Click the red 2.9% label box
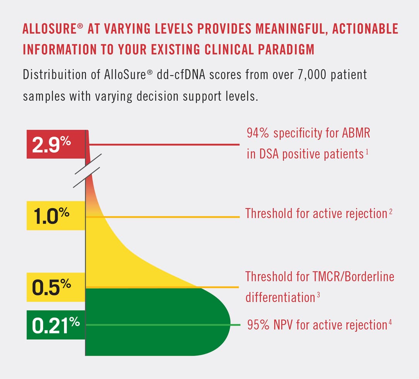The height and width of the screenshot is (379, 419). pyautogui.click(x=55, y=144)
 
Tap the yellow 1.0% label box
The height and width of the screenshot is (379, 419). pyautogui.click(x=55, y=215)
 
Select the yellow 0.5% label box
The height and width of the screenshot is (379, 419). pyautogui.click(x=55, y=287)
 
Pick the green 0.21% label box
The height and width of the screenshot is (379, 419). pyautogui.click(x=55, y=325)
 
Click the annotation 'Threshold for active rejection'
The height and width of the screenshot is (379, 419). pyautogui.click(x=316, y=213)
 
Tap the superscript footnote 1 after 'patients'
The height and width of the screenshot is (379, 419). pyautogui.click(x=367, y=152)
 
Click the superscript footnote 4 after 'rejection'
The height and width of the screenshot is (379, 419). pyautogui.click(x=390, y=322)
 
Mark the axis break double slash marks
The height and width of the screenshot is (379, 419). pyautogui.click(x=87, y=171)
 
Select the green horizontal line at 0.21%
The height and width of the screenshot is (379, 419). pyautogui.click(x=162, y=325)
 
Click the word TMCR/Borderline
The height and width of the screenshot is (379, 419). pyautogui.click(x=347, y=277)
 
